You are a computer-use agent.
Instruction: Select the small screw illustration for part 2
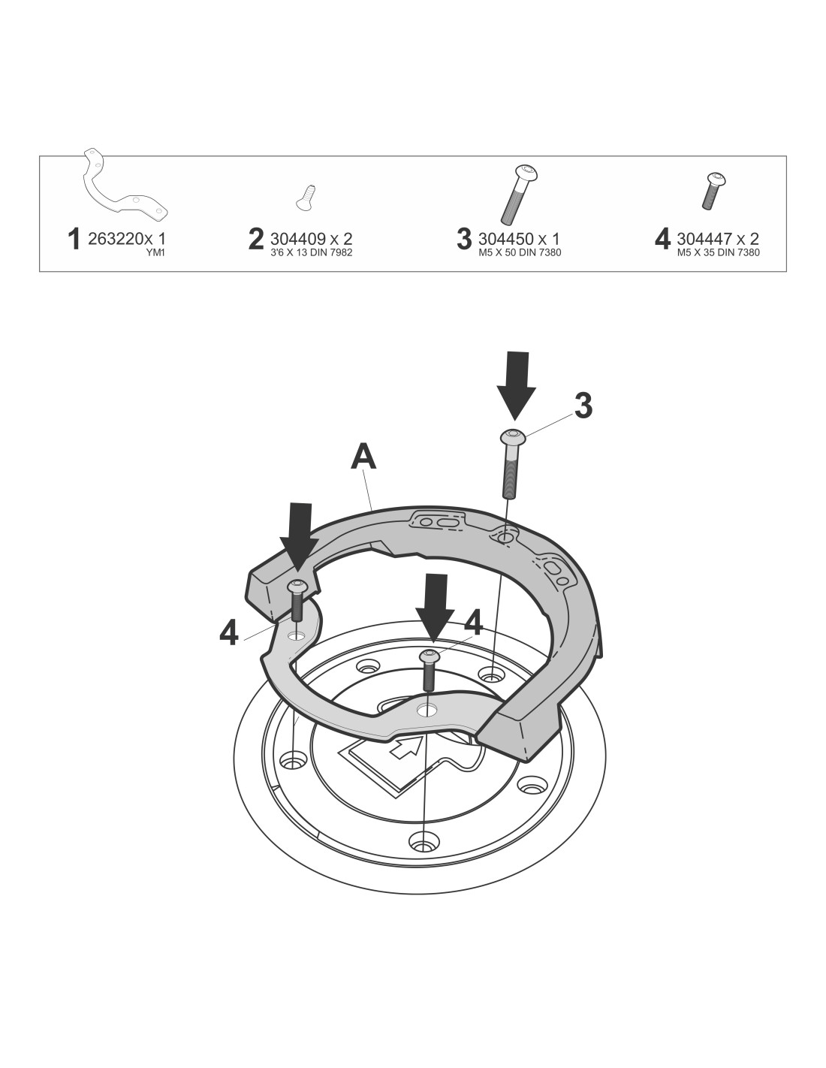[305, 198]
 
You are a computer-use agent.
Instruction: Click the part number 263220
[116, 239]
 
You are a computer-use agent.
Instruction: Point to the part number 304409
[298, 239]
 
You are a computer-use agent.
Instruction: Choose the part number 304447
[704, 239]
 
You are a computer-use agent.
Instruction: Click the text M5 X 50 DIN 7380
[520, 252]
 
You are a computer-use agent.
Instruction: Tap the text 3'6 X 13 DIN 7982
[312, 252]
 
